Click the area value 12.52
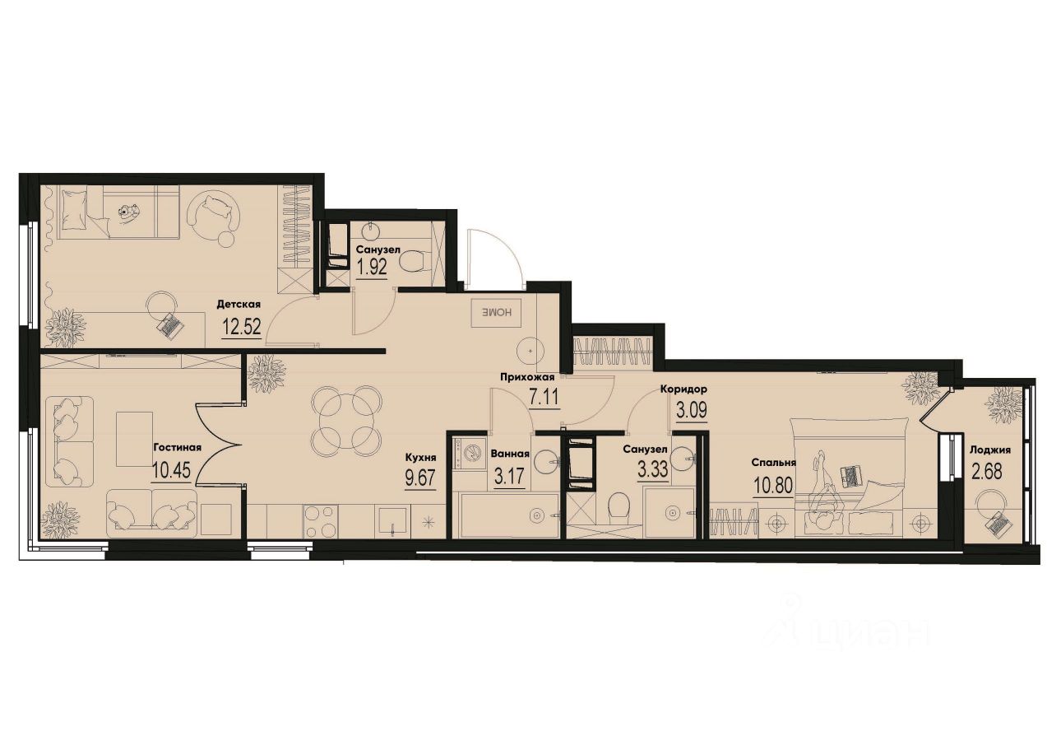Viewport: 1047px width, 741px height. [241, 328]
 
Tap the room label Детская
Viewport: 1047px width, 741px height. [239, 304]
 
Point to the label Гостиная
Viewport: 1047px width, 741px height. [177, 448]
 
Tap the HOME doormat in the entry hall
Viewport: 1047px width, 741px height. [492, 313]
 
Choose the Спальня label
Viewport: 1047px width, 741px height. [774, 463]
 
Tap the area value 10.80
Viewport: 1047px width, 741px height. [772, 484]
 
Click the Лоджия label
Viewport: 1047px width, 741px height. [989, 450]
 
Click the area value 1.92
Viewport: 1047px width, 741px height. [373, 268]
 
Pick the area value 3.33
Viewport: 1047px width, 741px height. [652, 470]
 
